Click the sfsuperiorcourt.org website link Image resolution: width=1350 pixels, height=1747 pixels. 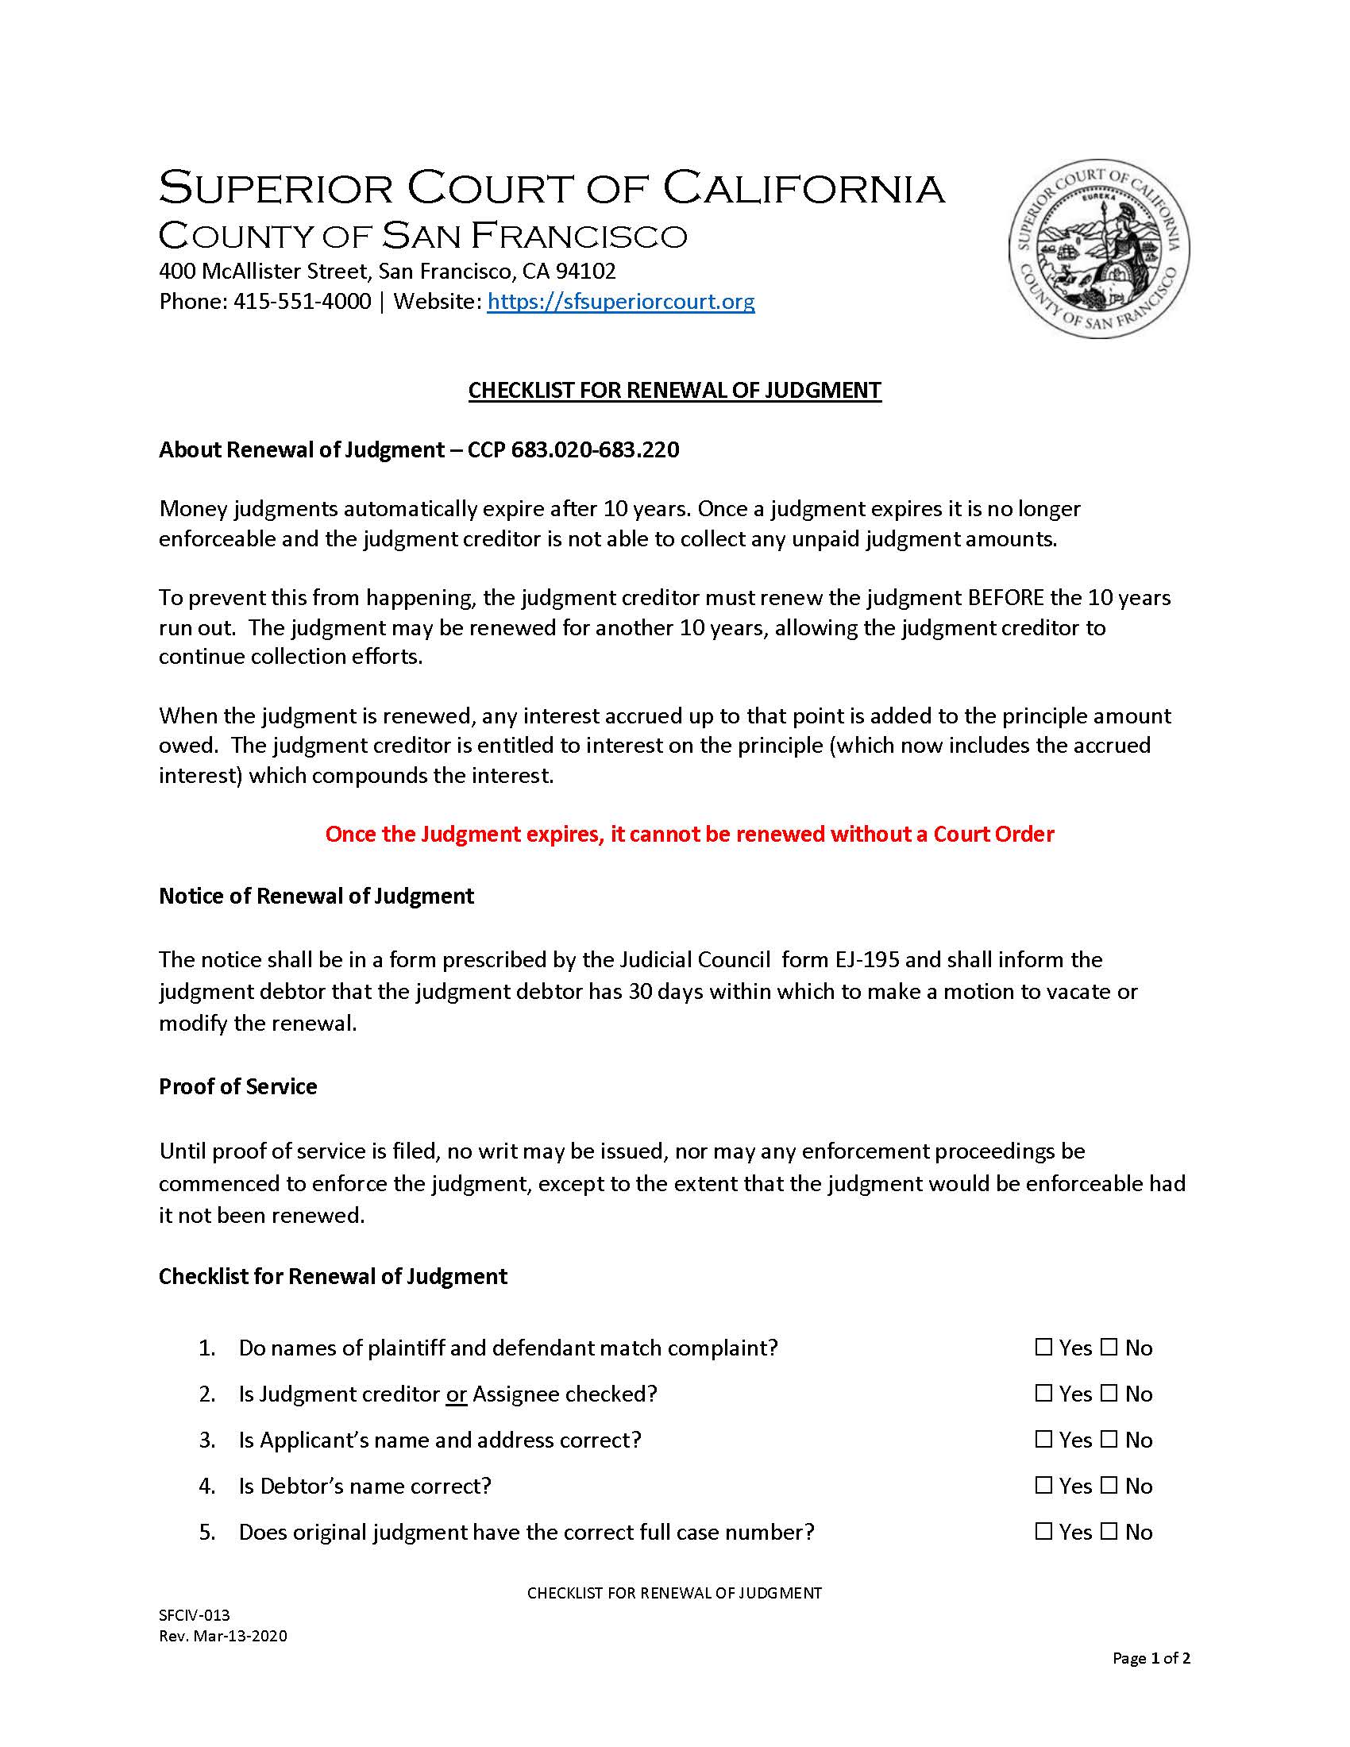point(621,302)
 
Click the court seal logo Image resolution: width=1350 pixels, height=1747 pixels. point(1099,248)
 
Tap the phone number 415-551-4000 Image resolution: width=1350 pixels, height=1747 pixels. point(302,302)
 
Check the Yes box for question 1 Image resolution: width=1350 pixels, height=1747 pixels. point(1043,1348)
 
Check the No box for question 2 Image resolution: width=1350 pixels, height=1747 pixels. point(1109,1394)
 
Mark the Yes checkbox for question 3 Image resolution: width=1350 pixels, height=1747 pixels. point(1043,1440)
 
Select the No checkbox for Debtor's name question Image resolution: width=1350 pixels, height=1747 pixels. point(1109,1486)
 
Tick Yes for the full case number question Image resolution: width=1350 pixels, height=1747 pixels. point(1043,1532)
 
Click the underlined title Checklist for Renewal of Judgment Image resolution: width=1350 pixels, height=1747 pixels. point(674,391)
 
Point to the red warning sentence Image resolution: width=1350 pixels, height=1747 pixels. point(689,835)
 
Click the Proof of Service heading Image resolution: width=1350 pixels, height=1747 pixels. point(237,1086)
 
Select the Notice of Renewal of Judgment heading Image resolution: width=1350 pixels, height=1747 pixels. point(316,896)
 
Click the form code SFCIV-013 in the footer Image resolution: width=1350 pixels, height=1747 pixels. point(195,1615)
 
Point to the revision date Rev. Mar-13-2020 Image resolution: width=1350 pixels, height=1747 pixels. point(222,1636)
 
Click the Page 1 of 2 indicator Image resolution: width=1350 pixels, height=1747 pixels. point(1151,1658)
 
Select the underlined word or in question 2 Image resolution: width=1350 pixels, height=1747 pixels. point(456,1394)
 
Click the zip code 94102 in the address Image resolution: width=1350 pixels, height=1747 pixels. point(591,271)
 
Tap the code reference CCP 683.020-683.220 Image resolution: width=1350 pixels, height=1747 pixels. point(573,449)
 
